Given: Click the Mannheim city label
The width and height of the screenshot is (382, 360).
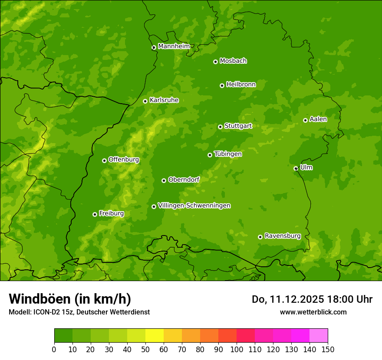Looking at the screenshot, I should [x=174, y=46].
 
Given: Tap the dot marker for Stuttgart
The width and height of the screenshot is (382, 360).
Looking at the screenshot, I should [x=220, y=127].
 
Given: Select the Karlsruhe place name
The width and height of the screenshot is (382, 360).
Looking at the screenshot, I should [x=164, y=100].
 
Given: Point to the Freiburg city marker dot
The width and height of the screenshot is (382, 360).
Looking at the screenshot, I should [x=95, y=214].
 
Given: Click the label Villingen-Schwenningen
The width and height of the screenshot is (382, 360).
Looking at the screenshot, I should [x=194, y=206].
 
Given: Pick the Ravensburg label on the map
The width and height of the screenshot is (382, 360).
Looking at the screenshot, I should [x=282, y=236].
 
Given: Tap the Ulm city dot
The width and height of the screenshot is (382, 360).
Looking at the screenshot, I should [x=296, y=168].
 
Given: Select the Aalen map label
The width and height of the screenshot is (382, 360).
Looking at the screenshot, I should [x=318, y=119].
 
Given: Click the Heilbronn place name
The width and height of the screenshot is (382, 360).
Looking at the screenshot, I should [x=241, y=85].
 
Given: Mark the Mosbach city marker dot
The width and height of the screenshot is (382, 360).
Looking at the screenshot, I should [x=215, y=62].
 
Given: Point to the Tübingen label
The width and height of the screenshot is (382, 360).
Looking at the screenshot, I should [x=227, y=154].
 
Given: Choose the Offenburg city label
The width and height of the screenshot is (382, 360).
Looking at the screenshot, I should [x=123, y=160].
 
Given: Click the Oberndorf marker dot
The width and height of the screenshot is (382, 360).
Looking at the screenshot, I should [x=164, y=180].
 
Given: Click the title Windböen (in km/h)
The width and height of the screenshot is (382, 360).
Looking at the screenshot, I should [x=69, y=299].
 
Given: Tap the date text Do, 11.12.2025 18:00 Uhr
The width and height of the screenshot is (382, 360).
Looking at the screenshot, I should [x=312, y=299].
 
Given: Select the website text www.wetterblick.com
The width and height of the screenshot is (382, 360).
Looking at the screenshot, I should [x=313, y=312].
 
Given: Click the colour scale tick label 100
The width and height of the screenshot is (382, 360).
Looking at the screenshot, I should [x=237, y=349].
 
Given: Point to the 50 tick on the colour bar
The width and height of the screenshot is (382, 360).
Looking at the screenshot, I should [x=145, y=349].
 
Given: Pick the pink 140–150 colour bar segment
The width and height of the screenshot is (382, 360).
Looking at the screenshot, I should [x=319, y=336].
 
